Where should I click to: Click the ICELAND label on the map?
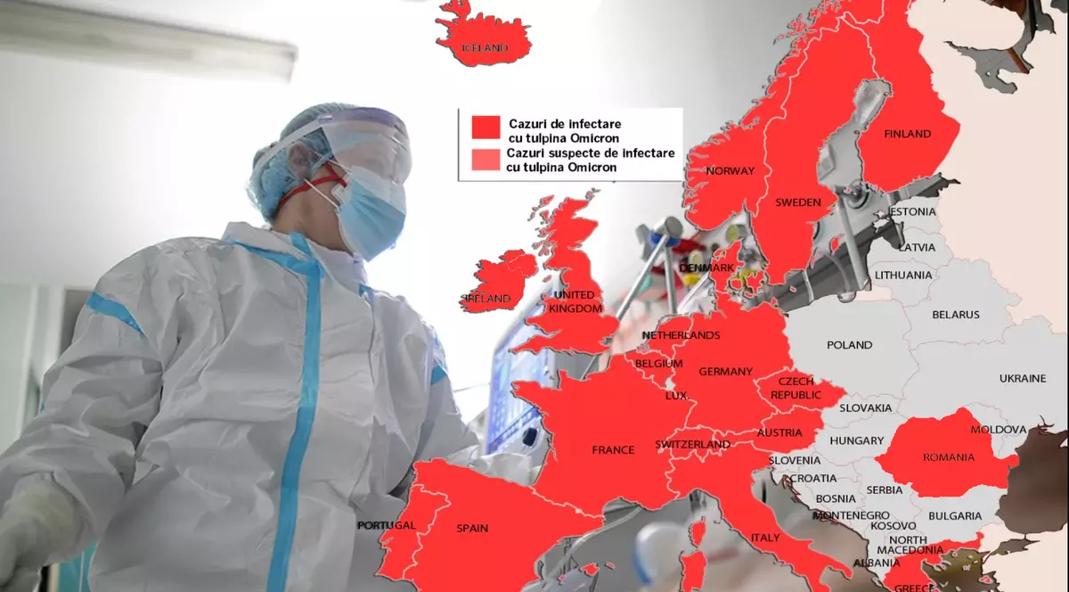[x=483, y=48]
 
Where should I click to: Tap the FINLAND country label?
[x=907, y=135]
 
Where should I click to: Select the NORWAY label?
[x=730, y=171]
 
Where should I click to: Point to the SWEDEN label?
[x=797, y=202]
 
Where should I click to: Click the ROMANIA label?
[x=949, y=457]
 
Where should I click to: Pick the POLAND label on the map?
[x=849, y=344]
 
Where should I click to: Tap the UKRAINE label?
[x=1022, y=379]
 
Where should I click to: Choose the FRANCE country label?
[x=613, y=450]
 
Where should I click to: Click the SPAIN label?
[x=472, y=529]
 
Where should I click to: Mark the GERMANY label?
[x=725, y=372]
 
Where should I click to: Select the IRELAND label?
[x=487, y=299]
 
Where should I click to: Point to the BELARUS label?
[x=955, y=315]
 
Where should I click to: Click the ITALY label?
[x=765, y=539]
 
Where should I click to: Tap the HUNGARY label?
[x=856, y=441]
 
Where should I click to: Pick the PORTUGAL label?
[x=387, y=526]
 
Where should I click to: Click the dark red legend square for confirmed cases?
[x=486, y=127]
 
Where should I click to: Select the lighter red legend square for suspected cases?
[x=486, y=160]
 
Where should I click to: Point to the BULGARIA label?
[x=954, y=516]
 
